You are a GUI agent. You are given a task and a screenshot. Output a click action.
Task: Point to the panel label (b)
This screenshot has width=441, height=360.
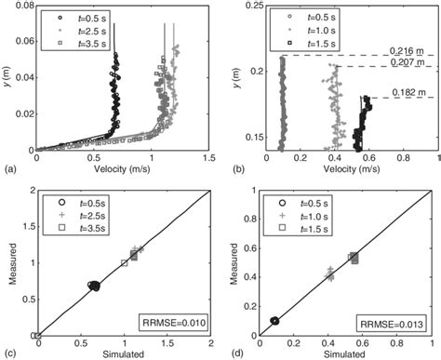pyautogui.click(x=230, y=171)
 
